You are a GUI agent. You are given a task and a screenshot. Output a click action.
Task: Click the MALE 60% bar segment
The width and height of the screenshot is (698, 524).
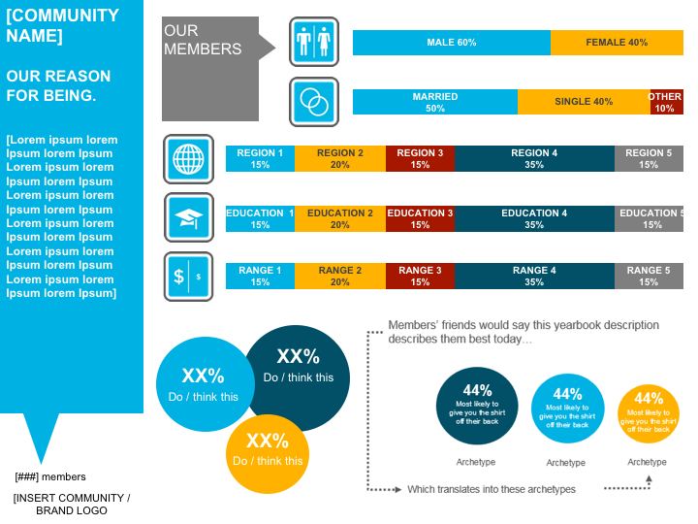[x=451, y=43]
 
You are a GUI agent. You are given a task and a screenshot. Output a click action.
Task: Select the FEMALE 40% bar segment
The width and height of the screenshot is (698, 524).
[x=617, y=43]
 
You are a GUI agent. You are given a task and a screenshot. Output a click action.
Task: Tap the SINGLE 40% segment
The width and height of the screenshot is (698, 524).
[x=583, y=102]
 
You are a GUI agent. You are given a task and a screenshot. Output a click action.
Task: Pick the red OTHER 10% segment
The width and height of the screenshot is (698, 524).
[x=666, y=102]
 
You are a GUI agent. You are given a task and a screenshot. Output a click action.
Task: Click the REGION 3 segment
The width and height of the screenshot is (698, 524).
[x=420, y=159]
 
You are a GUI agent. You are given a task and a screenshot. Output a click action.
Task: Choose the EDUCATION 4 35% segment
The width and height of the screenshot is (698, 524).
[x=534, y=218]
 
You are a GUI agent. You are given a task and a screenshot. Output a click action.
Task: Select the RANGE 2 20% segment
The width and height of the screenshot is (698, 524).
[x=339, y=277]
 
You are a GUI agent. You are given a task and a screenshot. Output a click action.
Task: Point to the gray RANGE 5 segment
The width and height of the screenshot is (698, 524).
[x=649, y=277]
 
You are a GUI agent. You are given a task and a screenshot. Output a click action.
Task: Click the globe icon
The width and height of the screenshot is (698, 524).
[x=188, y=159]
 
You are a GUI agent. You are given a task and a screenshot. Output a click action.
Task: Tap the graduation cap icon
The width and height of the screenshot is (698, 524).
[x=188, y=218]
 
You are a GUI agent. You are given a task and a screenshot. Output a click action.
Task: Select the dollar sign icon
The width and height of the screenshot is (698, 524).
[x=188, y=277]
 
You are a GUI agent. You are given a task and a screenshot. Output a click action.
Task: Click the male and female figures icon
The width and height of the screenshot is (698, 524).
[x=314, y=42]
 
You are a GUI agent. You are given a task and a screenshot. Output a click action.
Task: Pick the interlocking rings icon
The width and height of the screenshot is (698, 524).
[x=314, y=101]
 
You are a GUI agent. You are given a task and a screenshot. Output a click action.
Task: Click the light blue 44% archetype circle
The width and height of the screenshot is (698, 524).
[x=567, y=408]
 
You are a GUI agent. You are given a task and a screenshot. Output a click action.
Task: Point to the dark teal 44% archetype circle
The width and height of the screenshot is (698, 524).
[x=477, y=406]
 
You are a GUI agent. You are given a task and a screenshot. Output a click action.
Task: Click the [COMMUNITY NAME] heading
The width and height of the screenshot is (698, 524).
[x=63, y=26]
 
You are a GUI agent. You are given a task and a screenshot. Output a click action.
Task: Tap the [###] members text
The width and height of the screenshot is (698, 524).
[x=50, y=476]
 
